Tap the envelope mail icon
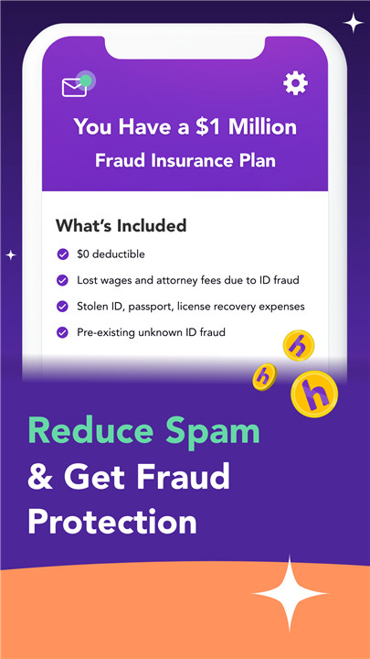74,88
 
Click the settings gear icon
295,83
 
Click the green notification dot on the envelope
86,81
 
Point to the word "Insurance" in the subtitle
196,160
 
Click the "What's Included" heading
121,226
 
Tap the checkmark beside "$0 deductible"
62,254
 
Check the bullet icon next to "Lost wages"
62,280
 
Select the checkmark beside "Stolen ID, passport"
62,307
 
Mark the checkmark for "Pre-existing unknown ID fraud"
62,332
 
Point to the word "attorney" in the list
174,280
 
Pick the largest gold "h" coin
314,394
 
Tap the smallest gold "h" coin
264,377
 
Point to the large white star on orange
290,593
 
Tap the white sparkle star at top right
354,23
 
